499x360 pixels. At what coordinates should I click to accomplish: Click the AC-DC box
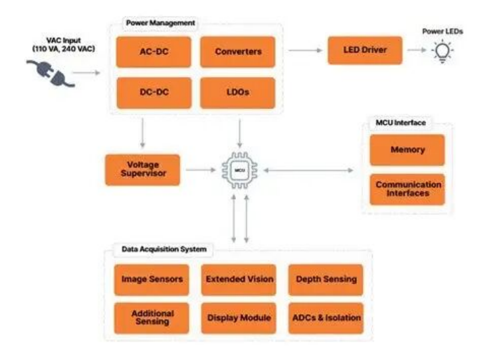click(x=153, y=51)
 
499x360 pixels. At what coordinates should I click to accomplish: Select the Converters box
click(x=238, y=51)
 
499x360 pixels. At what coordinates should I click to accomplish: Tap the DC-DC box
click(x=153, y=93)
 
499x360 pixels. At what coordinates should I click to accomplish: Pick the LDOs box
click(x=238, y=93)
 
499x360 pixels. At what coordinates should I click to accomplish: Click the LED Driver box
click(x=365, y=50)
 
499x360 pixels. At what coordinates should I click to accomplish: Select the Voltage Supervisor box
click(x=143, y=170)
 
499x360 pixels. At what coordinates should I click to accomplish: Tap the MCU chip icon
click(x=239, y=170)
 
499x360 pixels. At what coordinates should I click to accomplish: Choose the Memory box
click(x=407, y=150)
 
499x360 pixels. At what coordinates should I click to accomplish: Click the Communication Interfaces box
click(x=407, y=189)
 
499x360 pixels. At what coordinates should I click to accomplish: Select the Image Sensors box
click(x=152, y=279)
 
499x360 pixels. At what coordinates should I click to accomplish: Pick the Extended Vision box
click(x=239, y=279)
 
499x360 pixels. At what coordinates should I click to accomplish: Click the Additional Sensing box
click(x=152, y=317)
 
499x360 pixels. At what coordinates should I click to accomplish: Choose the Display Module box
click(x=239, y=317)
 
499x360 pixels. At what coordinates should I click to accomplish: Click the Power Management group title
click(x=160, y=23)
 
